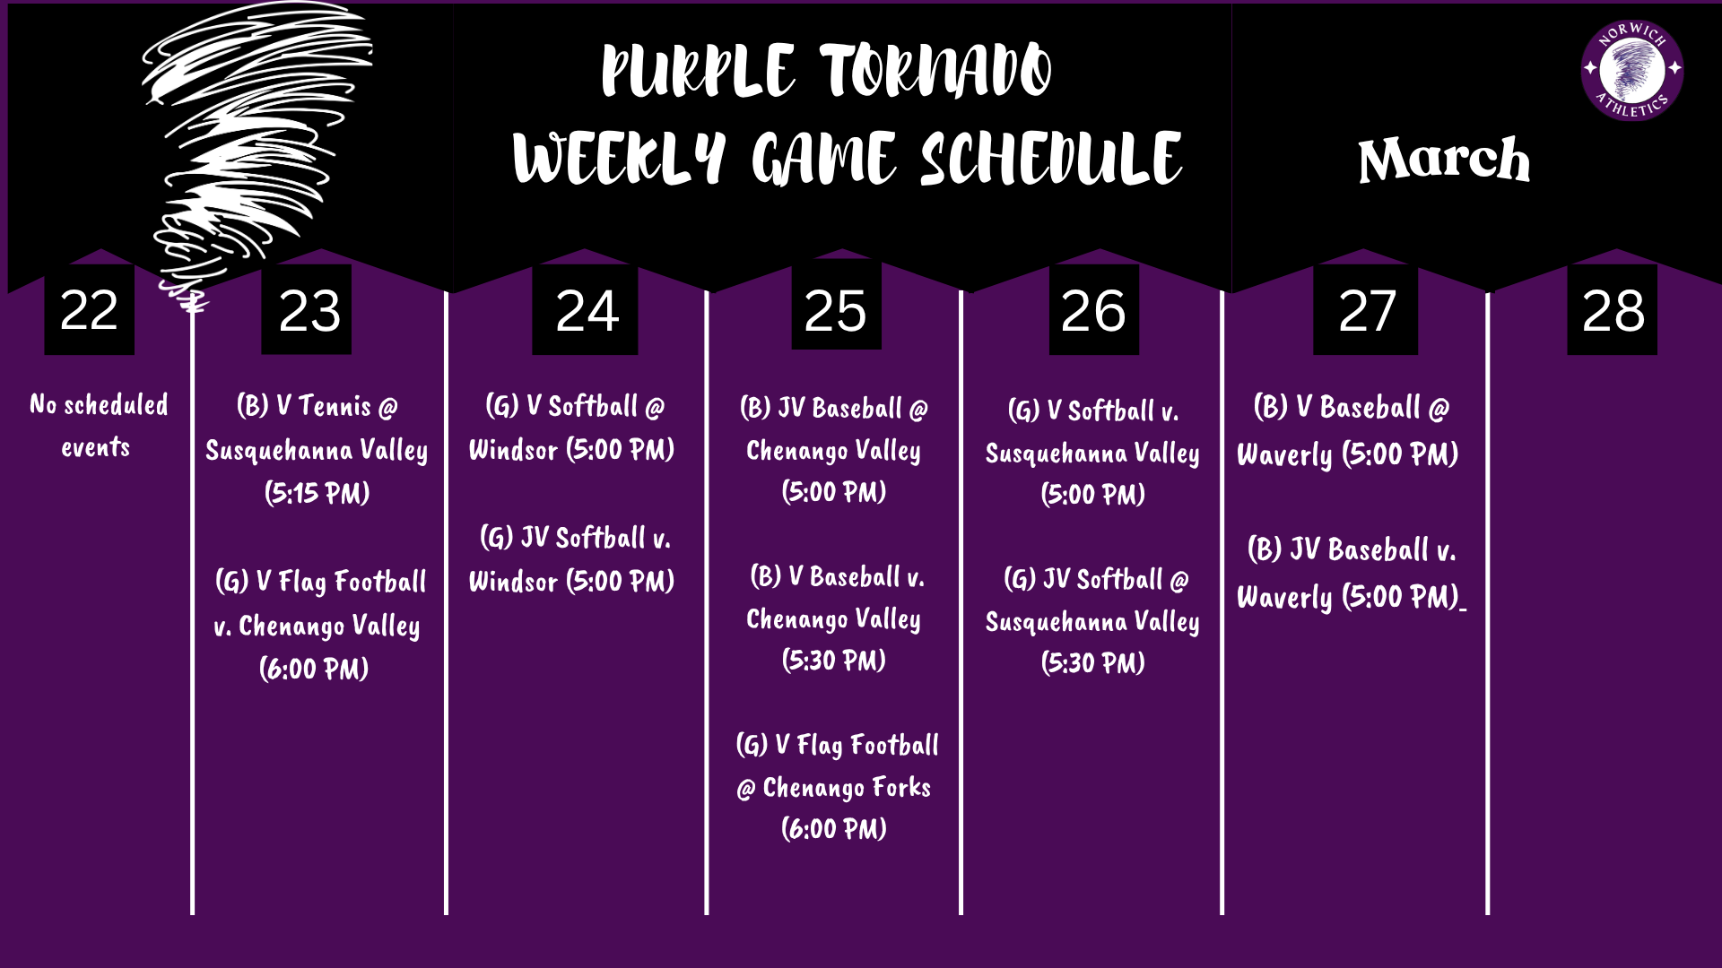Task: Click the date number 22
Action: tap(89, 310)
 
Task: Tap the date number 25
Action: tap(835, 310)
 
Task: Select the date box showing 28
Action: tap(1612, 310)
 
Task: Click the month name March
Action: tap(1443, 161)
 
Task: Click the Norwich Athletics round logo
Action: tap(1631, 70)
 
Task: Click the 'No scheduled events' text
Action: tap(98, 426)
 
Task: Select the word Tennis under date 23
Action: tap(335, 406)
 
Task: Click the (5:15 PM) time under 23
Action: tap(317, 493)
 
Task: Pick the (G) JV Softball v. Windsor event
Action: tap(572, 559)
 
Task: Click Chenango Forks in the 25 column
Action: tap(846, 788)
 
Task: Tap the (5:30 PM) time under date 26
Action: tap(1092, 663)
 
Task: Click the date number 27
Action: tap(1366, 310)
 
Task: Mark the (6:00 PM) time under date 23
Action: tap(314, 669)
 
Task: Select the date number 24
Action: tap(587, 310)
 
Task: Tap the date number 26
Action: tap(1092, 310)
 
